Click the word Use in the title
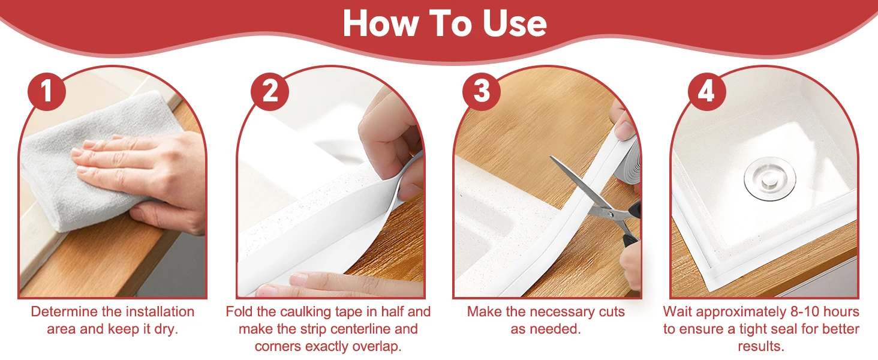[x=514, y=23]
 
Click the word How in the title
[x=381, y=23]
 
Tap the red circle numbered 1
[x=47, y=92]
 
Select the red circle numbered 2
[x=270, y=92]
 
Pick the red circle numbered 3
[x=482, y=92]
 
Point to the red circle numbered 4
[x=706, y=92]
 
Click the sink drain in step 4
[x=770, y=179]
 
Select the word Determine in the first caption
[x=65, y=312]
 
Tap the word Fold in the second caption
[x=239, y=312]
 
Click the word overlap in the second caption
[x=380, y=346]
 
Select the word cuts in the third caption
[x=612, y=312]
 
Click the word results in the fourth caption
[x=761, y=346]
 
